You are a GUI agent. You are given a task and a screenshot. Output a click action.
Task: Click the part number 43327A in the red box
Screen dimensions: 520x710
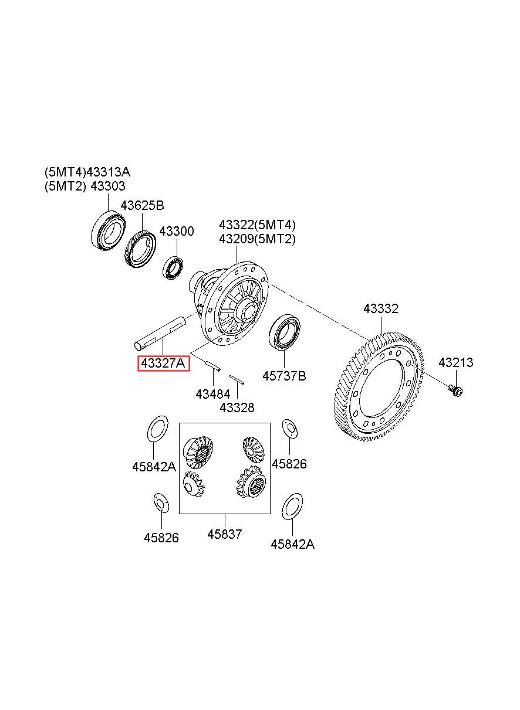[163, 363]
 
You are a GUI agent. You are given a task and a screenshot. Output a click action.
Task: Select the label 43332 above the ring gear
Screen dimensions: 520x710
[381, 308]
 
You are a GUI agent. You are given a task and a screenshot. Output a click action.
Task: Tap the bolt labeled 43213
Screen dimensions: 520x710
[455, 390]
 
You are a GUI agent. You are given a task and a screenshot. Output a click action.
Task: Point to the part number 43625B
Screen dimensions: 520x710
[142, 206]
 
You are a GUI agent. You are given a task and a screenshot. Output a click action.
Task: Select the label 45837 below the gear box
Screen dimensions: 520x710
[225, 534]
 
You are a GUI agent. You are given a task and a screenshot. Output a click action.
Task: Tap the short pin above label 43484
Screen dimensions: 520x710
[213, 366]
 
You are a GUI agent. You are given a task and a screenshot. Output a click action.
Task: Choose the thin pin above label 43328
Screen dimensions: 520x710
[237, 379]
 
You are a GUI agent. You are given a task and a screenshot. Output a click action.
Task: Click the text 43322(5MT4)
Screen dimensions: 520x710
[257, 225]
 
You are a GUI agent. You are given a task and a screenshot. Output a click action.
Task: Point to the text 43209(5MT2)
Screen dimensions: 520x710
[257, 239]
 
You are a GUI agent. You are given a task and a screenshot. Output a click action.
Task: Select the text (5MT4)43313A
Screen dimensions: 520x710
[87, 172]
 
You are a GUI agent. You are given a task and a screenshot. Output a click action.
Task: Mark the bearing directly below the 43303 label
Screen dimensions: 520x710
[108, 231]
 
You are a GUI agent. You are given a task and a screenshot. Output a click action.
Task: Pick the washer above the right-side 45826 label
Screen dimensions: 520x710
[290, 429]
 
